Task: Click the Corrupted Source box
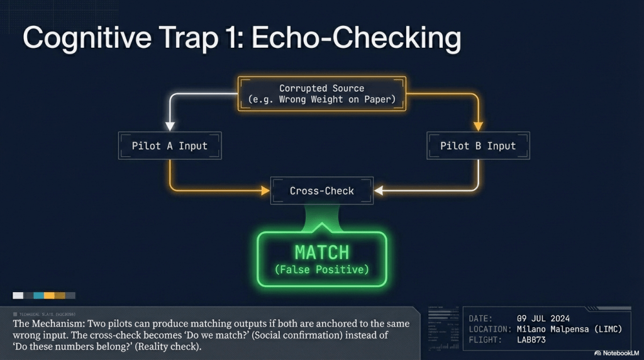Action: point(321,94)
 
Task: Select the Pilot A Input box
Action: point(170,145)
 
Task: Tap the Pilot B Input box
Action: point(478,145)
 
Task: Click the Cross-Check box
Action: point(321,191)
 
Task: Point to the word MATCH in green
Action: point(321,252)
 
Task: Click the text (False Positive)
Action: point(321,270)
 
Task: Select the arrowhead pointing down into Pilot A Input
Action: point(170,126)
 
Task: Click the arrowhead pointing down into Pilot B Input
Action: point(478,126)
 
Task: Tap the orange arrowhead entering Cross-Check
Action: point(265,190)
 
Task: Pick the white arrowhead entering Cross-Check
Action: point(379,190)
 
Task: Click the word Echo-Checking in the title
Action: point(356,39)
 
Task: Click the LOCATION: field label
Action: point(490,329)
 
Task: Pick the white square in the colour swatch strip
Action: point(18,295)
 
